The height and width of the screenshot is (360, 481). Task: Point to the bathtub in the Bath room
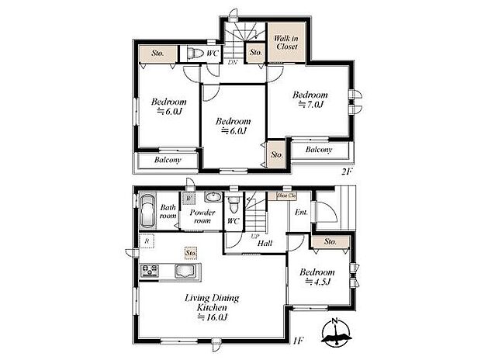[x=147, y=210]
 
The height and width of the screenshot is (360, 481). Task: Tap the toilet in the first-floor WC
[x=233, y=206]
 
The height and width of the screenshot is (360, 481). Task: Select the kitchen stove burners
[x=150, y=271]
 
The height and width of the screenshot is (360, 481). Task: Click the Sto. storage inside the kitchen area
[x=190, y=253]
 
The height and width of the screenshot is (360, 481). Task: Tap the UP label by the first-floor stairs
[x=253, y=236]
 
